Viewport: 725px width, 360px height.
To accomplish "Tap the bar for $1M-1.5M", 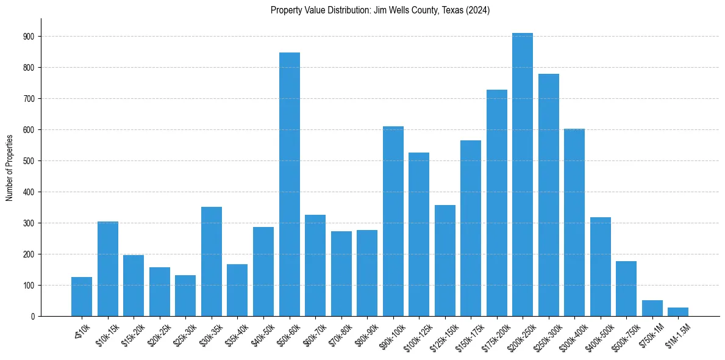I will tap(678, 312).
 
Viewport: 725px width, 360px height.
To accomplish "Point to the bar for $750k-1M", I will tap(652, 308).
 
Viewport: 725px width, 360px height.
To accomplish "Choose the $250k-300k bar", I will tap(548, 195).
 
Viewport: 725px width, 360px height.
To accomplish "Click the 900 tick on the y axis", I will tap(29, 37).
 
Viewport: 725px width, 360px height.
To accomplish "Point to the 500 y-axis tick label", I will tap(29, 161).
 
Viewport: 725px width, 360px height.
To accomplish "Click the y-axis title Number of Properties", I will tap(9, 167).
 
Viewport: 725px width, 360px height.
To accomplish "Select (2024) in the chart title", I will tap(477, 10).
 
